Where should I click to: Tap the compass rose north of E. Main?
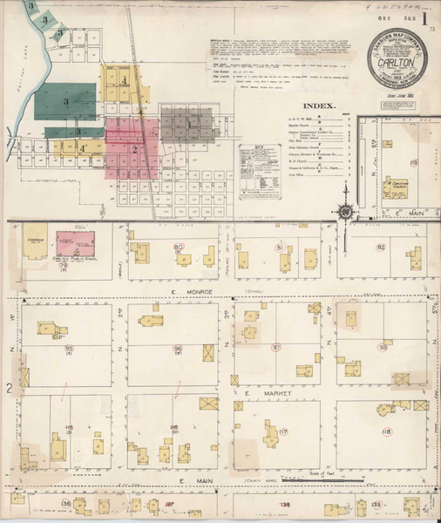click(346, 212)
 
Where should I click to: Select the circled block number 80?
click(180, 248)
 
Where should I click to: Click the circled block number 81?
click(281, 248)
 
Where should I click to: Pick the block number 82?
click(381, 248)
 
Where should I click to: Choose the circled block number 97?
click(277, 349)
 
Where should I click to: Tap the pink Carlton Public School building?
click(76, 243)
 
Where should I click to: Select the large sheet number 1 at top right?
click(424, 17)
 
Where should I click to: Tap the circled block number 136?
click(67, 505)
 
